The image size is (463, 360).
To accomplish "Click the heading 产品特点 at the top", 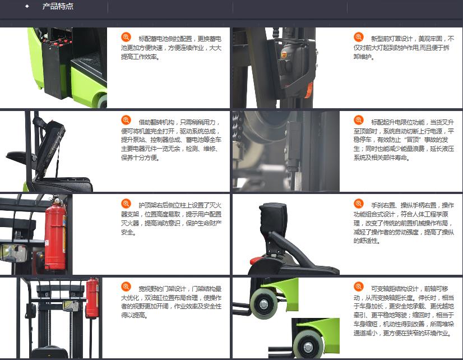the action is (58, 6).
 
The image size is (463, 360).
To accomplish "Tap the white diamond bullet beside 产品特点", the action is (27, 6).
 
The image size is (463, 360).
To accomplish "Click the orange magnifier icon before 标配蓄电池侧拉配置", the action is (126, 37).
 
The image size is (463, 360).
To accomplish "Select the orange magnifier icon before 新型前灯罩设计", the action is (359, 37).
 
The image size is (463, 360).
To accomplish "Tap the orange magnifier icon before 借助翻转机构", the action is (126, 120).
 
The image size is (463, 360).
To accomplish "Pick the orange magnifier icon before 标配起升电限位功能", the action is (359, 120).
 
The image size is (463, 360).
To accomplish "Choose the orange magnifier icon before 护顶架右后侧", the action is (126, 204).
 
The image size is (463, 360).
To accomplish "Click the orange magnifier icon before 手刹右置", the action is (359, 204).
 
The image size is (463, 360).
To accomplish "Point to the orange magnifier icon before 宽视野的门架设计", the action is (126, 287).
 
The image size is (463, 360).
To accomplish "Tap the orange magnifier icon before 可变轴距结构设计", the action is (359, 287).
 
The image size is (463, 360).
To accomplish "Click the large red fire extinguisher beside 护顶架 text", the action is (55, 233).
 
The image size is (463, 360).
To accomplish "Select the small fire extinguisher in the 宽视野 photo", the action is (92, 298).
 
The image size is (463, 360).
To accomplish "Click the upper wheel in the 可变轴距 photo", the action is (263, 303).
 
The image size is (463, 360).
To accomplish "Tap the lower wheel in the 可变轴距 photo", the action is (308, 345).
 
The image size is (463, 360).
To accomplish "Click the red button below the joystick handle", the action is (256, 261).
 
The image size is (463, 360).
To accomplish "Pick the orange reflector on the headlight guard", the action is (309, 90).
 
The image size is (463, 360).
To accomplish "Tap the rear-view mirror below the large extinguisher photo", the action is (13, 253).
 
